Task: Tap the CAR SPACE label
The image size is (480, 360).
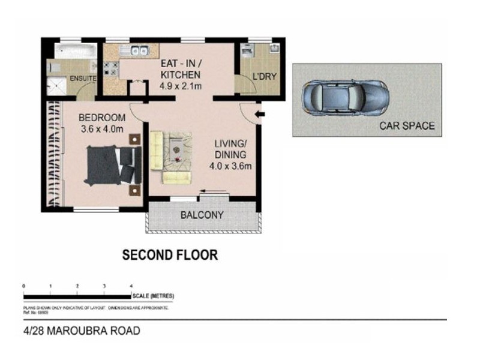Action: click(406, 126)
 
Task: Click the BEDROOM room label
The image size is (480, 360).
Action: click(102, 117)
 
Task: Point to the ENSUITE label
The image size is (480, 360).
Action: click(82, 78)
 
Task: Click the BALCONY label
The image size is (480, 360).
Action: click(202, 215)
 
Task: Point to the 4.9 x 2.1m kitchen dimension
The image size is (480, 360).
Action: click(180, 86)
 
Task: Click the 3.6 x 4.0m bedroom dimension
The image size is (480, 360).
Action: click(102, 128)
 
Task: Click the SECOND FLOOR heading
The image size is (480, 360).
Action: click(170, 255)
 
